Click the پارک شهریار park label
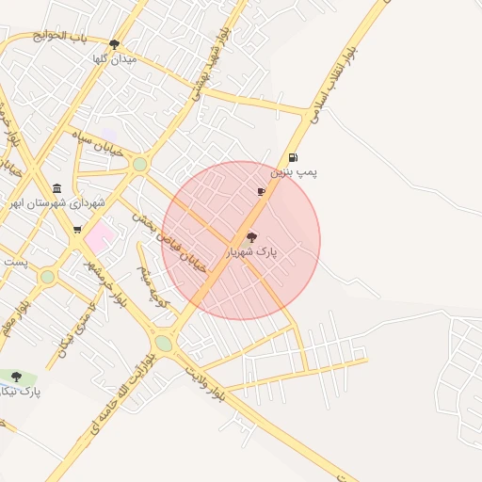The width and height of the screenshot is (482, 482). tap(252, 252)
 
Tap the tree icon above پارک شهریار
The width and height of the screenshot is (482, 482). tap(251, 238)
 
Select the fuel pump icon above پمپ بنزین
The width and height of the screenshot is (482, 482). tap(294, 158)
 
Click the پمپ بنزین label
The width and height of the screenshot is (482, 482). tap(295, 173)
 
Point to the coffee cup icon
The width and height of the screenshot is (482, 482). tap(261, 191)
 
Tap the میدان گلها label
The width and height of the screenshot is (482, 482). tap(114, 58)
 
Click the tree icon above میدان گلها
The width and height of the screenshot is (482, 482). tap(114, 44)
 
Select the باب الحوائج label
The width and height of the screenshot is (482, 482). tap(59, 37)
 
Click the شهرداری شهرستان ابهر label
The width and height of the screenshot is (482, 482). tap(57, 202)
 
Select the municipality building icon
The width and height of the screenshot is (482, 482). tap(57, 188)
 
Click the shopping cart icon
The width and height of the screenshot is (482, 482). tap(77, 229)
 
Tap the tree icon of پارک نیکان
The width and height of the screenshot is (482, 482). tap(16, 377)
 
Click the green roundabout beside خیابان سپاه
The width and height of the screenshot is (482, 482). tap(140, 165)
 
